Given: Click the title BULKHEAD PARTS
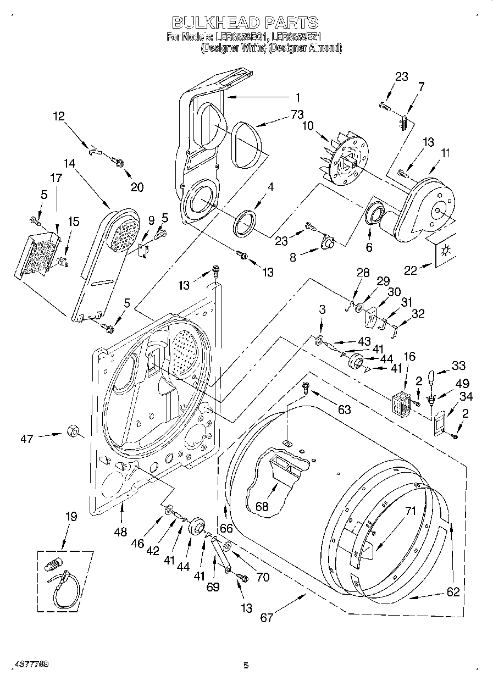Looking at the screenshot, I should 245,23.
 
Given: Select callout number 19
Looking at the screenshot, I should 71,517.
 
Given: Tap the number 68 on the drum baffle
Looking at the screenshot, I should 262,506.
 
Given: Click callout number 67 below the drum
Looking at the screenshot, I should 267,617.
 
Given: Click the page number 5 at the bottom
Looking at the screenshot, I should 246,665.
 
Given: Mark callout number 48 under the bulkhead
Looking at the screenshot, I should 121,532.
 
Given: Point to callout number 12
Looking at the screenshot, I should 59,116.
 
